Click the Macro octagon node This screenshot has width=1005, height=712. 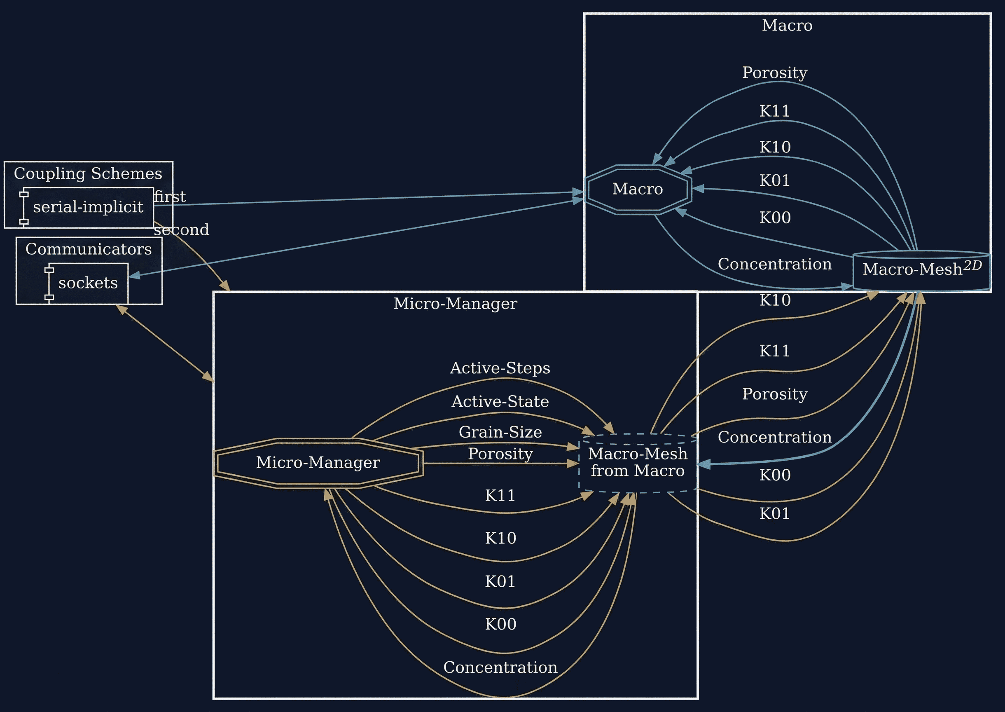[x=638, y=190]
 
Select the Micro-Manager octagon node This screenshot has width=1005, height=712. [x=318, y=463]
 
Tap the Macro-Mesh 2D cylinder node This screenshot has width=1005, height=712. [x=921, y=269]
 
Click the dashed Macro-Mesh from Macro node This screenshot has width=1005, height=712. [x=638, y=463]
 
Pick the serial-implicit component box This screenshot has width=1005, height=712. [x=88, y=207]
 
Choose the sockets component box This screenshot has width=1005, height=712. [x=87, y=283]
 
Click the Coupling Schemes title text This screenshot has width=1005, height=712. [x=88, y=173]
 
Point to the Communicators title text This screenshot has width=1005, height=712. [x=88, y=249]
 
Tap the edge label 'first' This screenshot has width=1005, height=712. [x=170, y=197]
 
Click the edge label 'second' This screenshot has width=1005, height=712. [x=182, y=230]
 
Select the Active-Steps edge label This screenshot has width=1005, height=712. [x=500, y=368]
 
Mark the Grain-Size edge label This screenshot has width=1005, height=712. [x=500, y=432]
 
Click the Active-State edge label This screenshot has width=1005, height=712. [x=500, y=401]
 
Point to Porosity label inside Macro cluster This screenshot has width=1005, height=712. [x=774, y=73]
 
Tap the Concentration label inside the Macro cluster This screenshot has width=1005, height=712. [x=774, y=264]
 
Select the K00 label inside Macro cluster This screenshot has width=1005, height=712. [x=774, y=218]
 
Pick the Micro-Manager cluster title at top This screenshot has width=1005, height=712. [x=455, y=303]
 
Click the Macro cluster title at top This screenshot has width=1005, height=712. [x=787, y=26]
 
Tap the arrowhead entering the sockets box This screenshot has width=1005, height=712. [x=134, y=275]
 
